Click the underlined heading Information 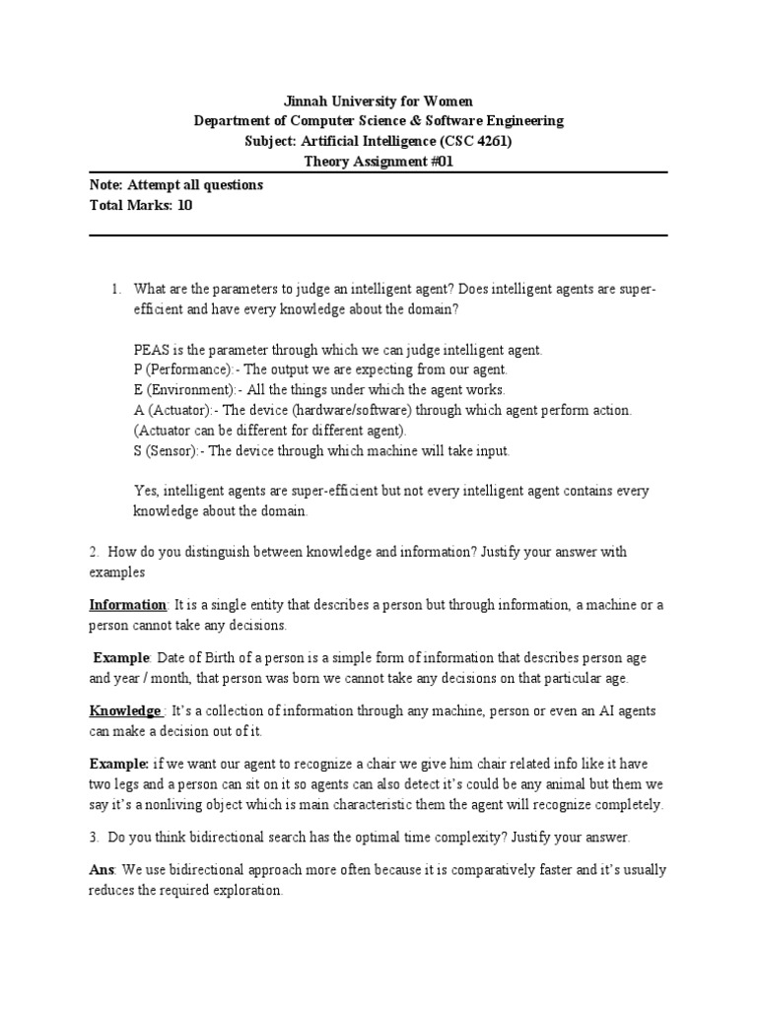pos(128,604)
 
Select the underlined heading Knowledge pos(126,710)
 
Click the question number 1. pos(114,289)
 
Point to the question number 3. pos(94,838)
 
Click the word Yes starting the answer pos(144,491)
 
